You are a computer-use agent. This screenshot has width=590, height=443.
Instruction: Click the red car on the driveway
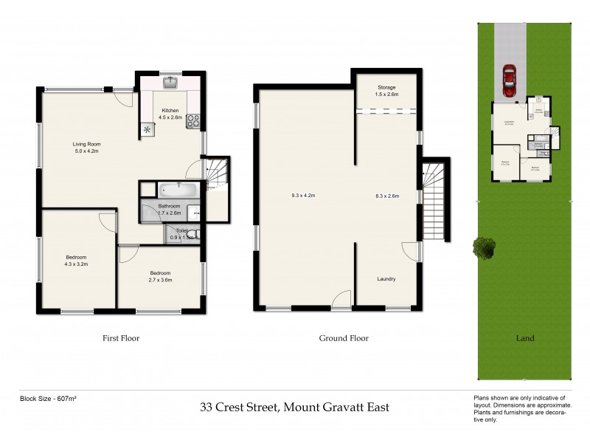(x=509, y=80)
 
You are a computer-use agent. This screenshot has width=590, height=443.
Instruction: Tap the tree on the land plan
(x=485, y=247)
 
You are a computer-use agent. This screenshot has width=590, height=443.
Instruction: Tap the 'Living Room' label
(x=86, y=144)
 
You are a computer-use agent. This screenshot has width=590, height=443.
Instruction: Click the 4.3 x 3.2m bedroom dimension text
(x=76, y=264)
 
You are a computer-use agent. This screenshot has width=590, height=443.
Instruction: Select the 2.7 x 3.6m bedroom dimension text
(x=160, y=280)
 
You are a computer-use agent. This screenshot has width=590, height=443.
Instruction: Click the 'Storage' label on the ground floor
(x=386, y=87)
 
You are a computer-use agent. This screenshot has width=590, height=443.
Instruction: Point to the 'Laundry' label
(x=386, y=279)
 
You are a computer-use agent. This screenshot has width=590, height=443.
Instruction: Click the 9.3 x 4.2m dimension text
(x=303, y=196)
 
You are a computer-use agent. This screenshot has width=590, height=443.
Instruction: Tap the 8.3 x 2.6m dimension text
(x=386, y=196)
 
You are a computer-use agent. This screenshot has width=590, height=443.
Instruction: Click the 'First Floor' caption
(x=120, y=338)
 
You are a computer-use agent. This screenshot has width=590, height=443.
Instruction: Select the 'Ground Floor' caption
(x=343, y=338)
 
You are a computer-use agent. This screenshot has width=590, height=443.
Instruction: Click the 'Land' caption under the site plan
(x=525, y=338)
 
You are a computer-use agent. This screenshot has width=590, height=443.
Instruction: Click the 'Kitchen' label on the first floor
(x=170, y=109)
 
